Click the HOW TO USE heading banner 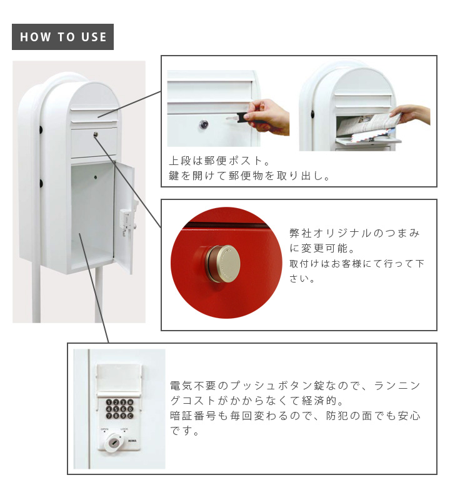click(63, 37)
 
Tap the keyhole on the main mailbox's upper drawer click(95, 134)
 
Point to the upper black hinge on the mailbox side click(40, 130)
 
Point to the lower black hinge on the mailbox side click(40, 184)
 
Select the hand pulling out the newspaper click(413, 114)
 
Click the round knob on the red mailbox click(219, 263)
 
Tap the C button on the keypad click(130, 416)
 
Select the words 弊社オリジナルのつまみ click(354, 234)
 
